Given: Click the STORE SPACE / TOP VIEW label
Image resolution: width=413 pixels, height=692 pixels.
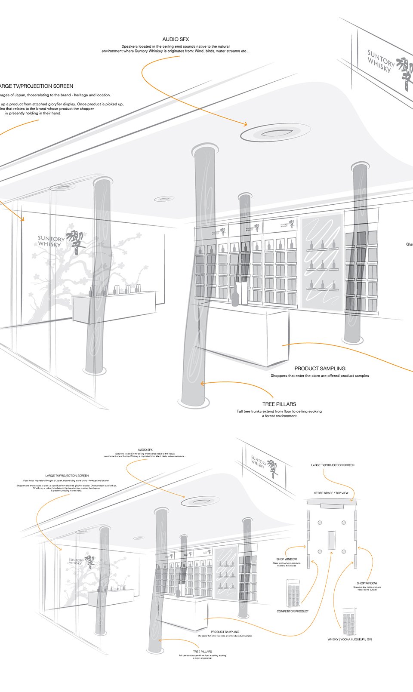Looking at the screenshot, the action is click(331, 493).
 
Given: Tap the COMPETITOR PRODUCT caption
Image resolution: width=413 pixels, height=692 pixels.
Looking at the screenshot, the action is click(293, 611).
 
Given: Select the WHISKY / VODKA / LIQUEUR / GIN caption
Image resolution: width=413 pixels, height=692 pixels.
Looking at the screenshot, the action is click(349, 640).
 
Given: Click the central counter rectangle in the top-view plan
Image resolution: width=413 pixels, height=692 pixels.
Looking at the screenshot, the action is click(331, 540).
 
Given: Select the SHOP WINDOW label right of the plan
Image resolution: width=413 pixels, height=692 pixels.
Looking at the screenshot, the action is click(367, 584).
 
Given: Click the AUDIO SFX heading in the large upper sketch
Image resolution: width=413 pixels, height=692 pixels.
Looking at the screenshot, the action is click(176, 39).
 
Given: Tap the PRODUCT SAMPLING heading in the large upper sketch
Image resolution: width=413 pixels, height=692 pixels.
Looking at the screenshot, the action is click(320, 369).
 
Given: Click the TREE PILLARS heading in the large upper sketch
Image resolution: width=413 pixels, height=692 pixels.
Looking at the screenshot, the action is click(279, 404).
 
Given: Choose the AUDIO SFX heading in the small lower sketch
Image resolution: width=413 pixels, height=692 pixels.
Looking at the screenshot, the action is click(145, 449).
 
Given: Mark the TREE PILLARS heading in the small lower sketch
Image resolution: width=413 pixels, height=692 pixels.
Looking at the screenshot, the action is click(202, 652).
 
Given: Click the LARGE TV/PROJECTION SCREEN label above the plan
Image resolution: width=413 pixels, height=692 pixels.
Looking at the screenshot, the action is click(333, 465).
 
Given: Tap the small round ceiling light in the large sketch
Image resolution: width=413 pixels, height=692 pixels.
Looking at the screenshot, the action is click(164, 199).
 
